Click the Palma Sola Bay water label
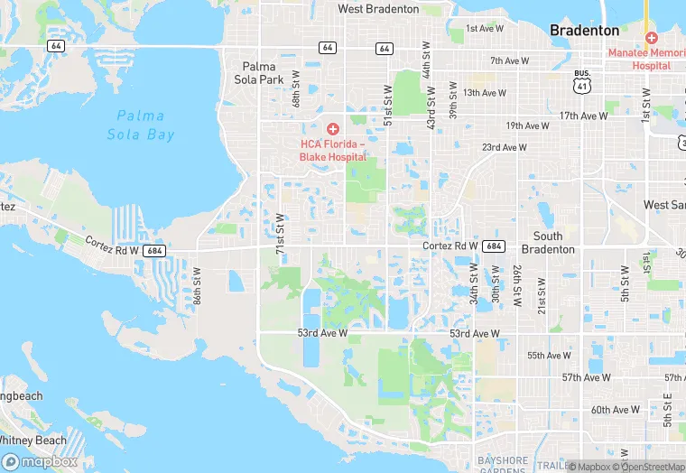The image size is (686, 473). point(140,125)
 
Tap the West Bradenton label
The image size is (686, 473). point(378,9)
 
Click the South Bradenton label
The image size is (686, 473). point(548,243)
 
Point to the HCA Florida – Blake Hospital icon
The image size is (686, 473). point(332,130)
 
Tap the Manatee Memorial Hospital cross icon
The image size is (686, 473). point(651,38)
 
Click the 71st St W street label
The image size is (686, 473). point(280,232)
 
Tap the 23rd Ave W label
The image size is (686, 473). point(504,147)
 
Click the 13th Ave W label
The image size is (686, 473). point(485,93)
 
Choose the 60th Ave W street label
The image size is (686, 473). point(614,410)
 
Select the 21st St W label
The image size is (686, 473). point(541,295)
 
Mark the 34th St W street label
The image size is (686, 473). point(474,283)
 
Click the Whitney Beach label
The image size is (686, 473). point(32,441)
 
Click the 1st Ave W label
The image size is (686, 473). point(484,29)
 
